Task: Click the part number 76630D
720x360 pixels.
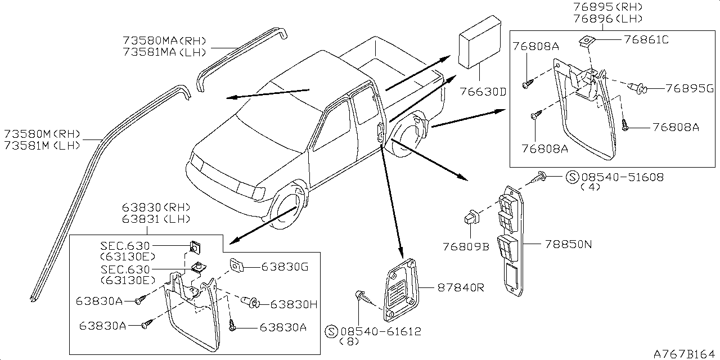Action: tap(483, 92)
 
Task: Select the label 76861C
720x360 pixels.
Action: tap(646, 40)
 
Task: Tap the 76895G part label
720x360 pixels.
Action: tap(689, 88)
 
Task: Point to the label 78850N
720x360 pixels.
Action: tap(568, 244)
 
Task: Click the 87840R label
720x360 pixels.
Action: tap(461, 287)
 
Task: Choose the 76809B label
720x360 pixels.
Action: tap(466, 246)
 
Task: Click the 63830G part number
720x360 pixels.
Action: tap(285, 267)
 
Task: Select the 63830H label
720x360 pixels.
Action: tap(294, 304)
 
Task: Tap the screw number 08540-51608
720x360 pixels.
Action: tap(623, 177)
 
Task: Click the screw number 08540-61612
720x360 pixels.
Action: tap(381, 331)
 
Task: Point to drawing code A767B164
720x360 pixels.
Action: tap(683, 354)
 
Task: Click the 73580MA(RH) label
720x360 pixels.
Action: tap(164, 40)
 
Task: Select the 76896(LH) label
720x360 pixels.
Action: tap(608, 19)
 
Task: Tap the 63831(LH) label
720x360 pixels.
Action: tap(156, 219)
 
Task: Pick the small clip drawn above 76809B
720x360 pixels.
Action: tap(471, 217)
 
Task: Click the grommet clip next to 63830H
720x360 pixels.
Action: tap(251, 302)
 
